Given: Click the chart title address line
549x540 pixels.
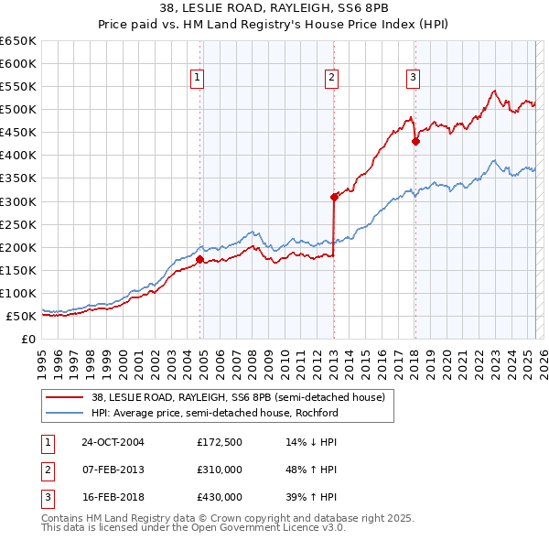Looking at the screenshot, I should click(x=274, y=8).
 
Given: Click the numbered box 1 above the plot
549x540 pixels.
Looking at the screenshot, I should click(x=198, y=78).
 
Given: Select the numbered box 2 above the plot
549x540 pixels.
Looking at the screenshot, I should click(x=330, y=78).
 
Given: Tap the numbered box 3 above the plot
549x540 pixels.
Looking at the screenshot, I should click(x=413, y=78).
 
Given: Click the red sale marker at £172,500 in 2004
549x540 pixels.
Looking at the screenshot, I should click(x=199, y=259).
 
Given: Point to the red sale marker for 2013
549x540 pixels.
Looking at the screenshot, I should click(x=334, y=196).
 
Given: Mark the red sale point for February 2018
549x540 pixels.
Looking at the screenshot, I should click(x=415, y=141).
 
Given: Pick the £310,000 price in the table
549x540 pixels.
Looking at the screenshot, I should click(x=220, y=470).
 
